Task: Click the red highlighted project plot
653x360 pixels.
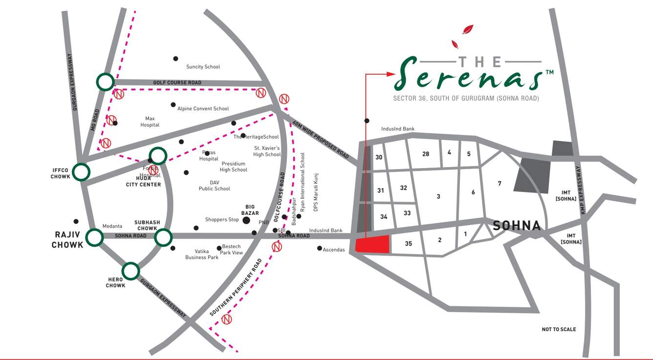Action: point(372,244)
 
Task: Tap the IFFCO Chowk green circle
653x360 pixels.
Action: point(81,172)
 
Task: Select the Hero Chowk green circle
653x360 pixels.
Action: point(131,271)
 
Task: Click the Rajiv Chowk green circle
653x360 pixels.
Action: point(94,237)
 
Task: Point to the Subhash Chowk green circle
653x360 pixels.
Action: point(163,238)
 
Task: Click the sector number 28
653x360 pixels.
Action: point(426,154)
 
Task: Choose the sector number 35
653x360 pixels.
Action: point(409,243)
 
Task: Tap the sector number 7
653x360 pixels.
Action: point(500,184)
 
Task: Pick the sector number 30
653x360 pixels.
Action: point(379,157)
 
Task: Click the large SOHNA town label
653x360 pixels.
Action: point(517,226)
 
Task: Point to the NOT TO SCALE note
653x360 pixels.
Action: point(559,329)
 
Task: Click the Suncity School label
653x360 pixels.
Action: point(203,67)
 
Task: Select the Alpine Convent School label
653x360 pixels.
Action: point(203,108)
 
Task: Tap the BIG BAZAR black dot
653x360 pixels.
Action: point(246,221)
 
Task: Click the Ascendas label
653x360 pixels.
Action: point(334,250)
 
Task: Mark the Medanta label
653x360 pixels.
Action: point(112,226)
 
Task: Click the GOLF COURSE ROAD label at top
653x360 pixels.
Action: point(177,83)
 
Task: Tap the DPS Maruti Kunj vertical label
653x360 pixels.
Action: point(316,192)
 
